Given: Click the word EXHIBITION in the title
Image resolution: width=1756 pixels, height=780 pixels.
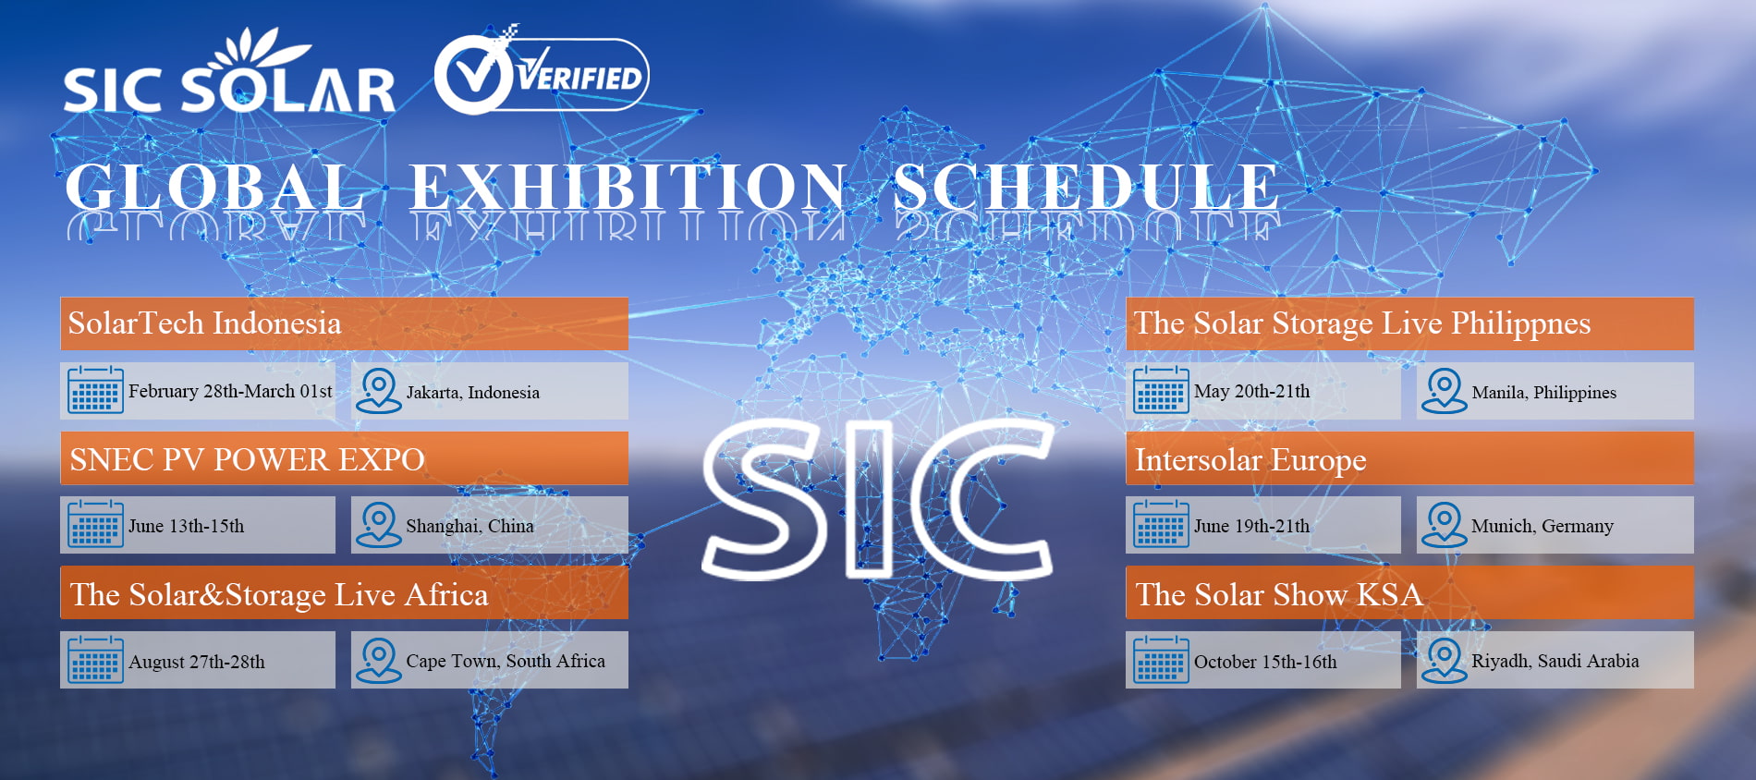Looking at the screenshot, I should (x=628, y=188).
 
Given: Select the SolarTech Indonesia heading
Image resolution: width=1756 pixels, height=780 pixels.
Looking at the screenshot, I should (x=204, y=323).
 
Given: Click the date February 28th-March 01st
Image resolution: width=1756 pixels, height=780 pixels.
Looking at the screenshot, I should (x=230, y=391).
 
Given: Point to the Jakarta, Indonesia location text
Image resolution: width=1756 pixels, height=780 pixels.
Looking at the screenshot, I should (x=472, y=392).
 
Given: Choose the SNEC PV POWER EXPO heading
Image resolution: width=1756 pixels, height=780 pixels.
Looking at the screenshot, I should (x=247, y=459).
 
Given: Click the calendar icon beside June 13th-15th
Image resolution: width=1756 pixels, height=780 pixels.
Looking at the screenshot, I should (x=95, y=524).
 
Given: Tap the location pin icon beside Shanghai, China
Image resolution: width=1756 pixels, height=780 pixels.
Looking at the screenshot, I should (x=378, y=524).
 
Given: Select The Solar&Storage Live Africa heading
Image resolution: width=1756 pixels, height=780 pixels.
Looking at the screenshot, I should (x=278, y=594).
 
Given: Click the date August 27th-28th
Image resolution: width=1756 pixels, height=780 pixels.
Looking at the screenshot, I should (x=196, y=662).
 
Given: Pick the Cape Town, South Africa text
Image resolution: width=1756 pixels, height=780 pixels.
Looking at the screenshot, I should (x=505, y=661).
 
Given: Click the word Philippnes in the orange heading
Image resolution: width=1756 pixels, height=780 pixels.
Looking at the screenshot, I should (x=1520, y=323).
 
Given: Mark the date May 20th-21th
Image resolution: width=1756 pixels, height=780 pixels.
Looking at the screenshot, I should (x=1251, y=391).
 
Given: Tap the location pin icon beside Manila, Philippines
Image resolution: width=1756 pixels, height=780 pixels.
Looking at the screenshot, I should (x=1444, y=390).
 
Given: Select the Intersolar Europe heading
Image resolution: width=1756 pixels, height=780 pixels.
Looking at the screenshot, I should (x=1250, y=459).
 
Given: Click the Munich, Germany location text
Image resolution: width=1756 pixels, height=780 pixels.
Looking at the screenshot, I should (x=1542, y=526).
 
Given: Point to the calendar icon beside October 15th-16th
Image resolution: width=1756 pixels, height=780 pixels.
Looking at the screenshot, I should (x=1161, y=660).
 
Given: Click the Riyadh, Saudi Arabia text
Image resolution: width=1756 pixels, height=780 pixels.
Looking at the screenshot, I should (x=1555, y=661).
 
